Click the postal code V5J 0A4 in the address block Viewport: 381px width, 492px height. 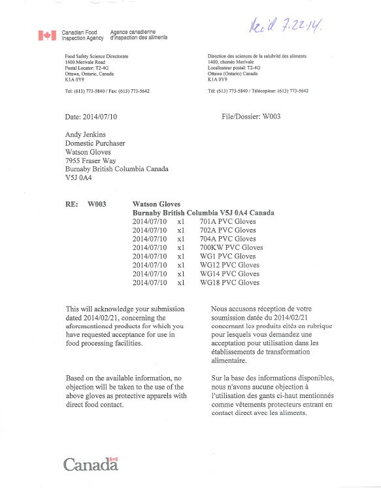tap(79, 177)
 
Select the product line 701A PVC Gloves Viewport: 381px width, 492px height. tap(227, 222)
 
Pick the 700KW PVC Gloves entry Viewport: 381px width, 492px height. tap(231, 248)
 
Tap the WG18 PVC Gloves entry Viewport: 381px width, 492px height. tap(229, 283)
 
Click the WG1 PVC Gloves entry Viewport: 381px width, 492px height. tap(227, 256)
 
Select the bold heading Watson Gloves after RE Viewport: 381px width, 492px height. tap(156, 204)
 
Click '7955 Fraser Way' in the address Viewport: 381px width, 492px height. tap(90, 160)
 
